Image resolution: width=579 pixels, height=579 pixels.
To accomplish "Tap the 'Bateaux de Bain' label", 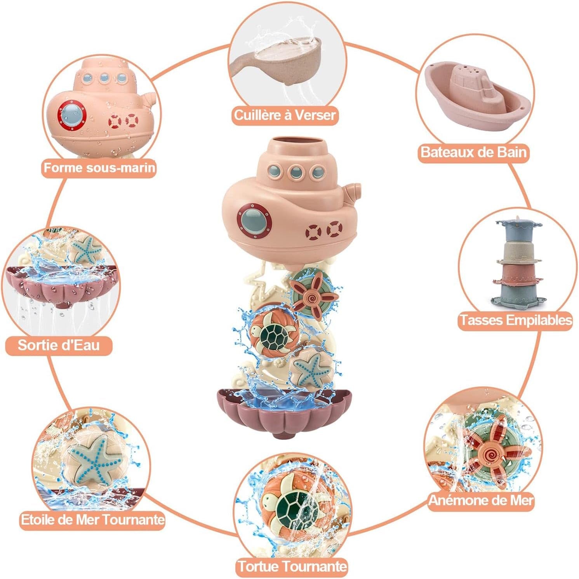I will pos(474,151).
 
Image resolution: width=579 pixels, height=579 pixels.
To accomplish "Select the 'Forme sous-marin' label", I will pos(99,168).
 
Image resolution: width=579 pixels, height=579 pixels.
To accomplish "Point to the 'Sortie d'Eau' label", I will pos(59,345).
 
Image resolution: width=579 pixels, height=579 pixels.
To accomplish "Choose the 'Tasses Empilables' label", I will pos(516,320).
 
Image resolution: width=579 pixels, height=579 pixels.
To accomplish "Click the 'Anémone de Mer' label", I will pos(481,500).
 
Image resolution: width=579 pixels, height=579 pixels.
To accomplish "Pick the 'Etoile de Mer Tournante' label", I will pos(92,519).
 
